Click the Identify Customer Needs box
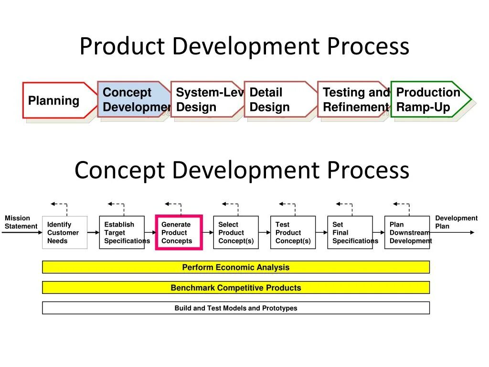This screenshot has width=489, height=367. [x=64, y=233]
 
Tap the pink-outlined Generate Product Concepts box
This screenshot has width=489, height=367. [x=179, y=233]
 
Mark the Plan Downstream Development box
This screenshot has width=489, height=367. [x=407, y=233]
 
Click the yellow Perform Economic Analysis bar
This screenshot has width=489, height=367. [x=236, y=267]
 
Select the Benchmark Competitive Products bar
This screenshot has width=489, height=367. [x=236, y=288]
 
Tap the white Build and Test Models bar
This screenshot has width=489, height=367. [x=236, y=308]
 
